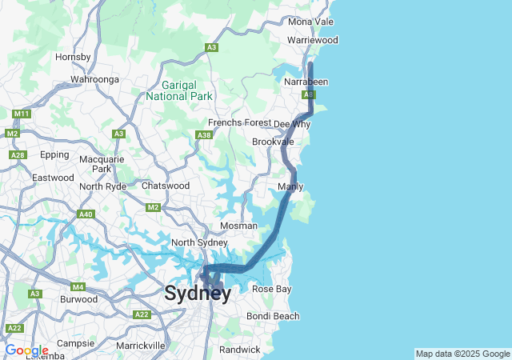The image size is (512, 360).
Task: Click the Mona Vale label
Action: [312, 22]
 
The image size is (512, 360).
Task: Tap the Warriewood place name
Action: [313, 40]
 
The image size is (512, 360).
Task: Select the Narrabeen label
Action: [306, 82]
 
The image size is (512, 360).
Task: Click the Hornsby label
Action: [73, 57]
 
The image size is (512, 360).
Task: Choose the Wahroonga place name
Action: [94, 79]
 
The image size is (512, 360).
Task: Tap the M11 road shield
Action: [22, 114]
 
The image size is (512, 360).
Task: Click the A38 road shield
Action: [205, 135]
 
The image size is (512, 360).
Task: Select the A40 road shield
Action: [86, 214]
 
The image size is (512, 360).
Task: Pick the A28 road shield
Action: [18, 154]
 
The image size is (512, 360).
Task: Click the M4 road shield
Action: [78, 286]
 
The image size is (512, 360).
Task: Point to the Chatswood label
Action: [166, 186]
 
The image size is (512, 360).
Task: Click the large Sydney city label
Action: [198, 293]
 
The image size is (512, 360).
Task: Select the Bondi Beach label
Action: [274, 317]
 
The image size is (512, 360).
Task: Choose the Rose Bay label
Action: [272, 289]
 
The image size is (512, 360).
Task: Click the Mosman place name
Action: [238, 226]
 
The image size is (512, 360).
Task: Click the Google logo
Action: [26, 350]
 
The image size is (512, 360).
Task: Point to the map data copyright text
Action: [462, 354]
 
